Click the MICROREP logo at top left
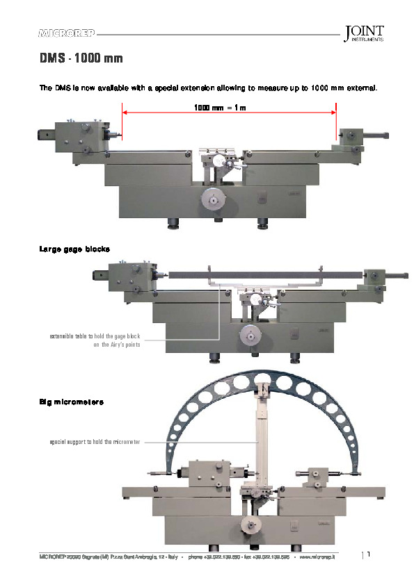(x=67, y=33)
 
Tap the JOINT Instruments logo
(x=363, y=34)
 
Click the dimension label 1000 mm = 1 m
(x=220, y=108)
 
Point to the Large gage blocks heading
(x=74, y=249)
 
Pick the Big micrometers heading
(x=72, y=402)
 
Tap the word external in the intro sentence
(x=358, y=88)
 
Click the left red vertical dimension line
(x=122, y=122)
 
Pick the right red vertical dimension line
(x=336, y=122)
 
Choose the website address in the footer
(x=317, y=557)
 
